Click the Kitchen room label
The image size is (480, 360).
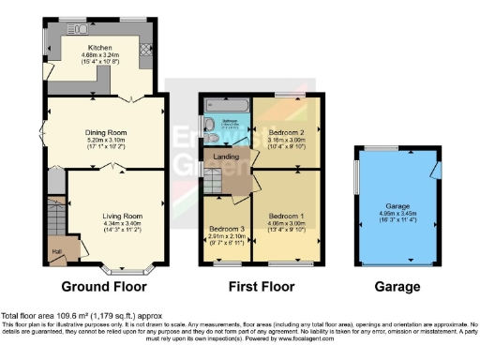click(100, 47)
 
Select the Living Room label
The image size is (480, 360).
click(116, 214)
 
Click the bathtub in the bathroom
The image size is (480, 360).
click(227, 106)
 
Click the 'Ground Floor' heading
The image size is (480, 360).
click(108, 287)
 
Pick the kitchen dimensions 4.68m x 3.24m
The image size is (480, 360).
click(100, 55)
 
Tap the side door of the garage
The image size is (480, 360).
click(434, 169)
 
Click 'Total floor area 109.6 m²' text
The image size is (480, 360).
click(56, 316)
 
